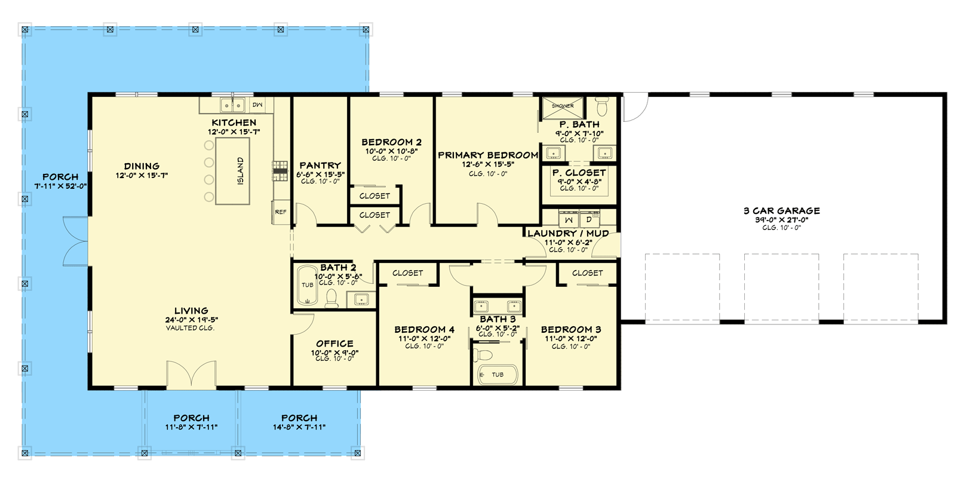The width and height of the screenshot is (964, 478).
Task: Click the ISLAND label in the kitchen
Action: [241, 171]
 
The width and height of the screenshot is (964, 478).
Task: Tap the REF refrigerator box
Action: [281, 212]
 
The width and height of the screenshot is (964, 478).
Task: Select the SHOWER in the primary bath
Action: [563, 108]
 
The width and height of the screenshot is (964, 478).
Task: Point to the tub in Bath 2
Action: [307, 285]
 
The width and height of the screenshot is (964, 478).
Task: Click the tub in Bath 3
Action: [498, 375]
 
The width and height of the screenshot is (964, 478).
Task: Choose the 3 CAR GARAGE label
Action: [781, 210]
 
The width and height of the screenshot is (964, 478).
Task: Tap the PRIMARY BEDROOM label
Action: [488, 155]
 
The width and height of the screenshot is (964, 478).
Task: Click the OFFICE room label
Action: [334, 344]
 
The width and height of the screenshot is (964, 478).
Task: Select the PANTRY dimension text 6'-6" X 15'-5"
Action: [320, 174]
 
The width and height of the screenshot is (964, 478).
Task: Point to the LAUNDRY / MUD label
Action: [568, 234]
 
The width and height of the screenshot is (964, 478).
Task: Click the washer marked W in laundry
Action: [569, 220]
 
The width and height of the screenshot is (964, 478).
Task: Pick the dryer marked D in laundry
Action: [589, 220]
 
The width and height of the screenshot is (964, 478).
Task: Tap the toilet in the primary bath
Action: [602, 106]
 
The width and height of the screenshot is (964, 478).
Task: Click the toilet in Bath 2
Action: [331, 298]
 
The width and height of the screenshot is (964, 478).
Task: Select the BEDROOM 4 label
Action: [424, 330]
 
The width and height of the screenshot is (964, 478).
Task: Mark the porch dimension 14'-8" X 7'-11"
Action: [299, 427]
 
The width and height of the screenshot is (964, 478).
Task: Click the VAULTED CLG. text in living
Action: [190, 328]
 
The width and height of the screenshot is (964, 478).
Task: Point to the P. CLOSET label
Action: [579, 173]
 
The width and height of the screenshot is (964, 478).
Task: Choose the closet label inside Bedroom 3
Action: [588, 273]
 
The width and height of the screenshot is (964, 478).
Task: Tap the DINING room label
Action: [142, 166]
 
